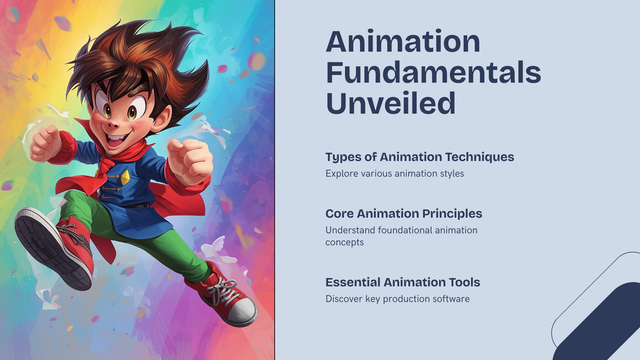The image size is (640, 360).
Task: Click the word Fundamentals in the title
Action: click(434, 72)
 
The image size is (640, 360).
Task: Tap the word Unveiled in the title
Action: click(391, 103)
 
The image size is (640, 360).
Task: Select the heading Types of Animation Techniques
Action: click(419, 157)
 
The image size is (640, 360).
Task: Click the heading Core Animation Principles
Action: click(404, 214)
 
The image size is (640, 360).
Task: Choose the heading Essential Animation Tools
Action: click(402, 282)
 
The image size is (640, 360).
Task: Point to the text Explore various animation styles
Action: click(395, 174)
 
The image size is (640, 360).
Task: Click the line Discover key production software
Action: click(397, 299)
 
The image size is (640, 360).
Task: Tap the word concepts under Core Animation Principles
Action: click(344, 242)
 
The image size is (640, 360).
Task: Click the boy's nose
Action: click(113, 123)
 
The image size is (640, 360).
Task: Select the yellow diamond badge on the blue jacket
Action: click(125, 177)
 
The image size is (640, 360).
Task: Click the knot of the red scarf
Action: click(105, 165)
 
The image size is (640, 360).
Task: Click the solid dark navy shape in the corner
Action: click(601, 322)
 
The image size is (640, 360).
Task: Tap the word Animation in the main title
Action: click(403, 41)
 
